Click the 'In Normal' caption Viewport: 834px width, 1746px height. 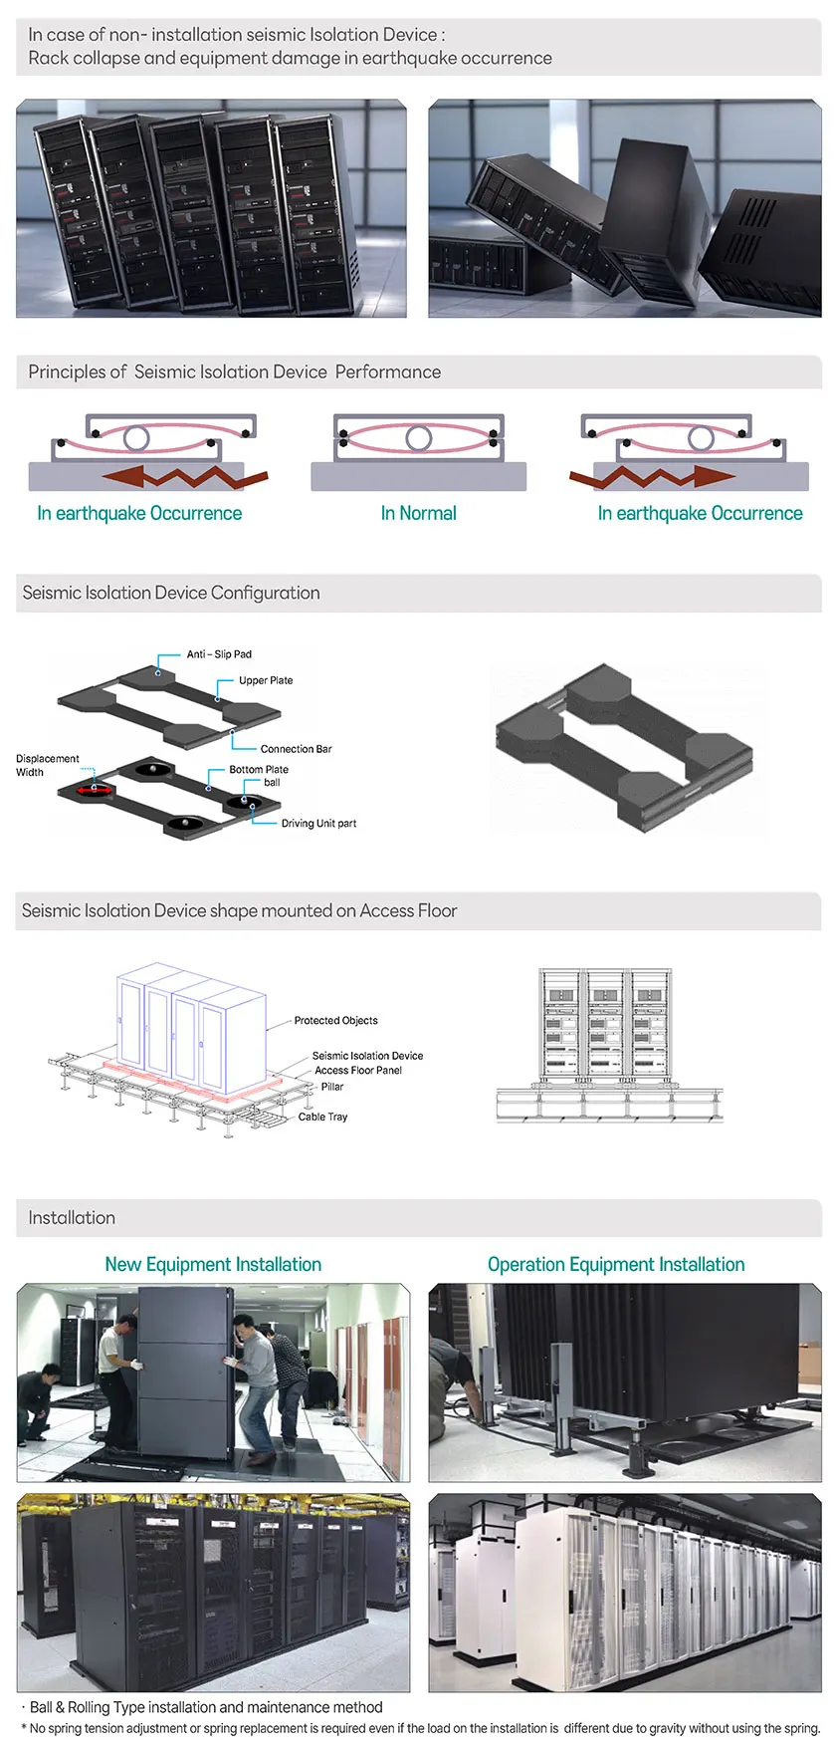(418, 513)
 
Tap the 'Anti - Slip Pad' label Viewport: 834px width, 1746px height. (219, 654)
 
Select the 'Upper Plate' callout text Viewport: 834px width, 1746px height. (266, 680)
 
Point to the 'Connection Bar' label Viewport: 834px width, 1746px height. (296, 749)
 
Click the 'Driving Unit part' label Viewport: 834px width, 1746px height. (318, 824)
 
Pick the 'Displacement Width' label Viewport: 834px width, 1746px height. (47, 765)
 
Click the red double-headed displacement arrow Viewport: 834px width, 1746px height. (96, 790)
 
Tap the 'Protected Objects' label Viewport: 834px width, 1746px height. (335, 1021)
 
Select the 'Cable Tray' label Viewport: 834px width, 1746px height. (322, 1118)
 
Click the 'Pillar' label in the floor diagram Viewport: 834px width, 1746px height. (332, 1087)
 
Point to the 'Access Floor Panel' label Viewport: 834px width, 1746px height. (358, 1071)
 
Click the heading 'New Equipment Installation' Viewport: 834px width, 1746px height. (213, 1264)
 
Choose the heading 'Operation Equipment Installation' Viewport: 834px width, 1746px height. (616, 1264)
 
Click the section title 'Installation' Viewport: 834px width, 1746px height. (72, 1218)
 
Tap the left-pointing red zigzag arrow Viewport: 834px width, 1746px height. (185, 476)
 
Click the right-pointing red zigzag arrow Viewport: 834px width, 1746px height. (653, 477)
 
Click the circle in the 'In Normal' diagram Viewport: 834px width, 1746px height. (418, 437)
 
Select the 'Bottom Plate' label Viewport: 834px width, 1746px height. (259, 770)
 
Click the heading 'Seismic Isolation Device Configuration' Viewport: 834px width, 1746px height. (171, 593)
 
